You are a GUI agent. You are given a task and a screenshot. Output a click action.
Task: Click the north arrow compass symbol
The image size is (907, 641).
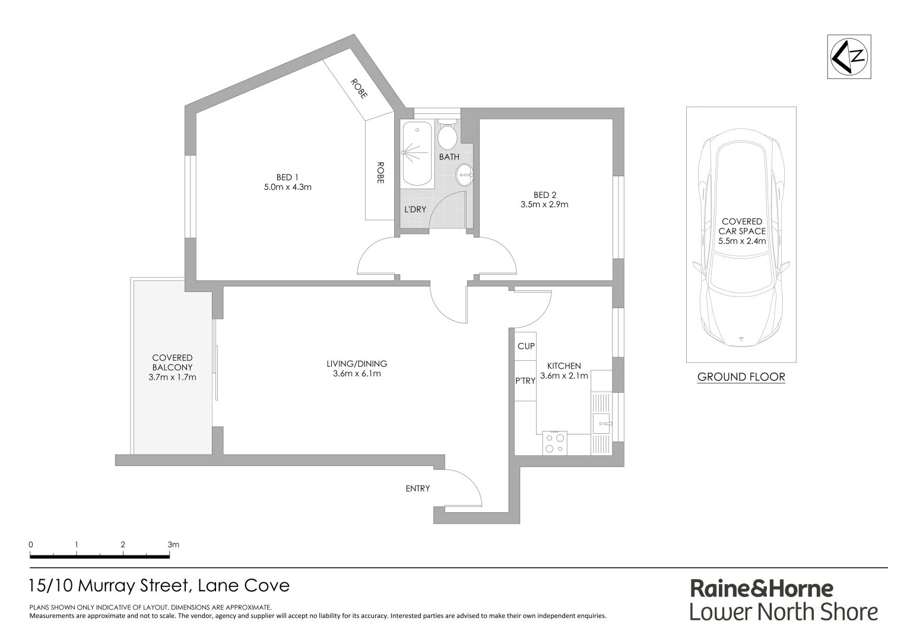[849, 56]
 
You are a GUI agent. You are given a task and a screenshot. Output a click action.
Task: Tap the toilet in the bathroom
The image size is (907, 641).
[447, 135]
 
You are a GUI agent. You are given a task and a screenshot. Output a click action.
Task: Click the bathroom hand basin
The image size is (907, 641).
[465, 175]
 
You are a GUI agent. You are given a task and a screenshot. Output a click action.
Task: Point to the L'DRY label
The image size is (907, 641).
[415, 210]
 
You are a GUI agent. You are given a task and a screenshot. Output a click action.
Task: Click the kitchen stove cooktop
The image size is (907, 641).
[554, 443]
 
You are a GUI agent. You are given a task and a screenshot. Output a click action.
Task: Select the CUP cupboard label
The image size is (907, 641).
[526, 346]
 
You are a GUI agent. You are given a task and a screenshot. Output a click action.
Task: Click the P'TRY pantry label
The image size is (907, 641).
[525, 381]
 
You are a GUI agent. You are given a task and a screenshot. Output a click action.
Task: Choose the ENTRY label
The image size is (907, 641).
[417, 488]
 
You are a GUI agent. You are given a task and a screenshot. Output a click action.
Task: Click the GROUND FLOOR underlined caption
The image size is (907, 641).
[741, 377]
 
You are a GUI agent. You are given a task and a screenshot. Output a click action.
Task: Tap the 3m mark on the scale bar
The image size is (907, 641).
[173, 544]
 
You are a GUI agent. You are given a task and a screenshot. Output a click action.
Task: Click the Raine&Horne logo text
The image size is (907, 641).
[762, 589]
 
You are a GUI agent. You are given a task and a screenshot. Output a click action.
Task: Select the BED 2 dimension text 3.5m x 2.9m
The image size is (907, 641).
[544, 205]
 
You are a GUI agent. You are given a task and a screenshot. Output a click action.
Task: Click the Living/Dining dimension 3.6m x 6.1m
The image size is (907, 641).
[356, 374]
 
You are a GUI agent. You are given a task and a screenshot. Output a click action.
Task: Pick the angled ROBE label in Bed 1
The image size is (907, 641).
[359, 88]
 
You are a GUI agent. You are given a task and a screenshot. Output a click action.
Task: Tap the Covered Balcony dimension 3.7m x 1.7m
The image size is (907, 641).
[172, 377]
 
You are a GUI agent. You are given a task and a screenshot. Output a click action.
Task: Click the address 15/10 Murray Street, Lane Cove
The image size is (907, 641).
[159, 586]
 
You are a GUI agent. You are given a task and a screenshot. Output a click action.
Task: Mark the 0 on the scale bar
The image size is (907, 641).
[30, 544]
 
